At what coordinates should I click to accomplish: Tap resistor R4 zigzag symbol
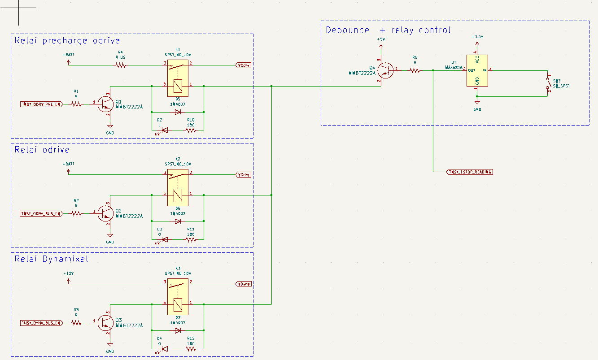coord(120,65)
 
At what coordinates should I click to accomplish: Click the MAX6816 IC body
coord(477,70)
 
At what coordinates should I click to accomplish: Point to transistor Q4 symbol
coord(384,69)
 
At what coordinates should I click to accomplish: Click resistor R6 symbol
coord(415,70)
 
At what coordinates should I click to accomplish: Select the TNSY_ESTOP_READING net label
coord(470,172)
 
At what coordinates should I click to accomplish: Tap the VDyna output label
coord(244,284)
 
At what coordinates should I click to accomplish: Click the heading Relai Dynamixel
coord(52,259)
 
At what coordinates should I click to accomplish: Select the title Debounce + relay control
coord(388,30)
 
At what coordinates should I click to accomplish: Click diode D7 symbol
coord(178,330)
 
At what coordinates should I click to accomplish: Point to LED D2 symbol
coord(164,130)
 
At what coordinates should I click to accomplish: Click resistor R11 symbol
coord(191,240)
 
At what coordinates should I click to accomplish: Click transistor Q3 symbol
coord(106,323)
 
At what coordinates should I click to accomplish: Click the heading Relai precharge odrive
coord(67,40)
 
